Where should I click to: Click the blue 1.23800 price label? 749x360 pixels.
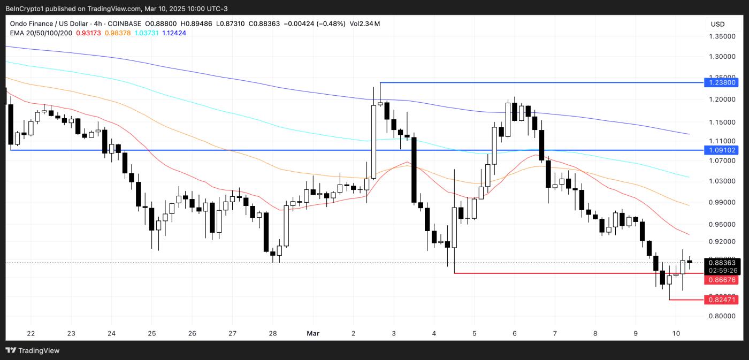723,82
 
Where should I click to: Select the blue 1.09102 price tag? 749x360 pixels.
723,150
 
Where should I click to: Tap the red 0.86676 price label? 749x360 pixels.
723,280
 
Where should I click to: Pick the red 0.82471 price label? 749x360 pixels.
723,300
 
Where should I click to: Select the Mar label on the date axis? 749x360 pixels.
313,333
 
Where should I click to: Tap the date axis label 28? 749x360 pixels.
272,333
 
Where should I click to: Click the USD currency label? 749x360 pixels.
717,24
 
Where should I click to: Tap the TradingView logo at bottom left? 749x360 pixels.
33,350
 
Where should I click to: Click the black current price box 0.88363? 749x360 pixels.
723,262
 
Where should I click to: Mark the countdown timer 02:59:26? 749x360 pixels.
723,270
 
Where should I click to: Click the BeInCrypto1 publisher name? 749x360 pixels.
27,9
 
